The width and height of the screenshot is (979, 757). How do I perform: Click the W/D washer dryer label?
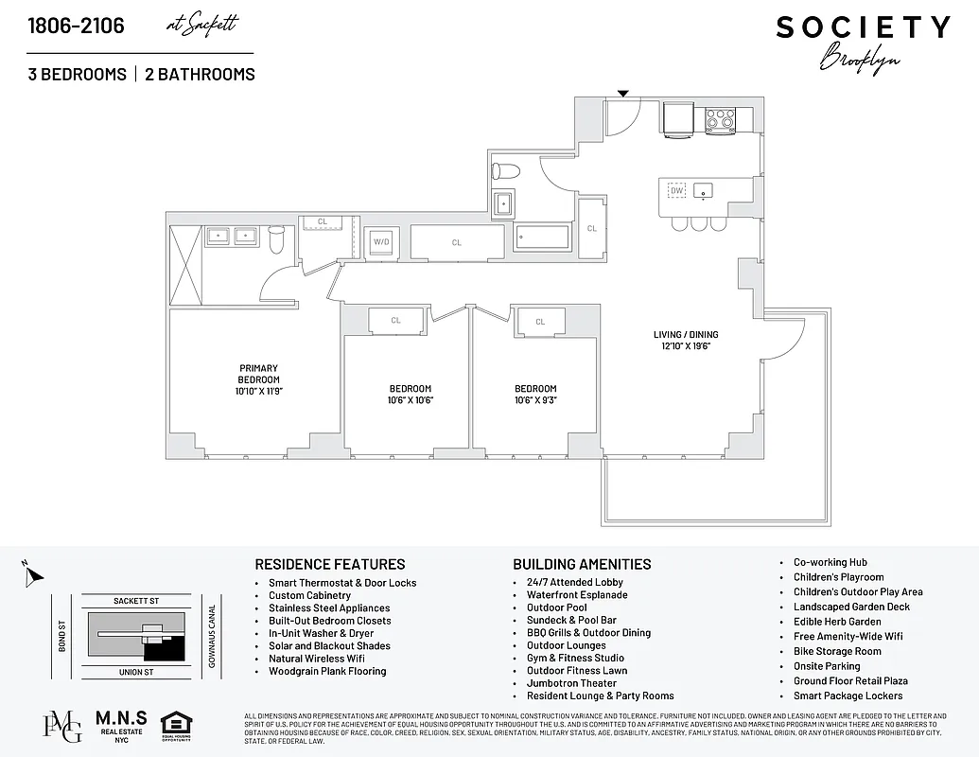[x=382, y=242]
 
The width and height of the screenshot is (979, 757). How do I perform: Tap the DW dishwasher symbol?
[x=676, y=190]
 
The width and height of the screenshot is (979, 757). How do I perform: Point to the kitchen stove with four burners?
[x=721, y=119]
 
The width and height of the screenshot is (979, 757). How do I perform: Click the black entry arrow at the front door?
[x=622, y=93]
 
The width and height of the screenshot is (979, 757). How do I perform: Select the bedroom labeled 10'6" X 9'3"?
[x=535, y=394]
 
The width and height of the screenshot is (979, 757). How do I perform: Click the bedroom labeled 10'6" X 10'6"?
[x=411, y=394]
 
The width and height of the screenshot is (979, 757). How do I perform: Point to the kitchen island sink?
[x=703, y=191]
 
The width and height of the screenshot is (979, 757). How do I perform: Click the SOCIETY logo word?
[x=863, y=27]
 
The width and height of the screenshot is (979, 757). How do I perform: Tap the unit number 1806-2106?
[x=76, y=26]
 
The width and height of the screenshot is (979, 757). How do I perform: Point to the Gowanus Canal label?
[x=212, y=636]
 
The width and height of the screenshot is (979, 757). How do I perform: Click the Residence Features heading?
[x=330, y=564]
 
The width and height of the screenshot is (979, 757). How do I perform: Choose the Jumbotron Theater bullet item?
[x=571, y=683]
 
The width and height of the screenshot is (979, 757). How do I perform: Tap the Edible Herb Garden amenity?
[x=837, y=622]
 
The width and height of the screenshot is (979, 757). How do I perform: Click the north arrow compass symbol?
[x=31, y=572]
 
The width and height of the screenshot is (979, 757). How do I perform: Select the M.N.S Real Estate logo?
[x=120, y=726]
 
